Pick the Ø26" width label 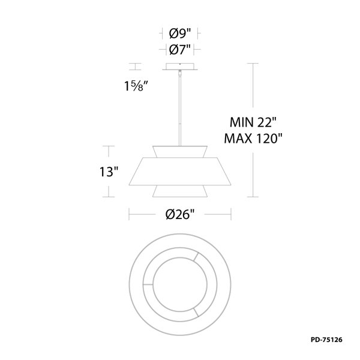tap(181, 214)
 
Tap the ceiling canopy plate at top tap(180, 67)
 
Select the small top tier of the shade tap(180, 151)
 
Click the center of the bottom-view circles tap(180, 282)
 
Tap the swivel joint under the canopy tap(180, 74)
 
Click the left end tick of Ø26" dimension tap(130, 214)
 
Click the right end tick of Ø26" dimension tap(232, 214)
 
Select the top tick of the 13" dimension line tap(108, 145)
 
